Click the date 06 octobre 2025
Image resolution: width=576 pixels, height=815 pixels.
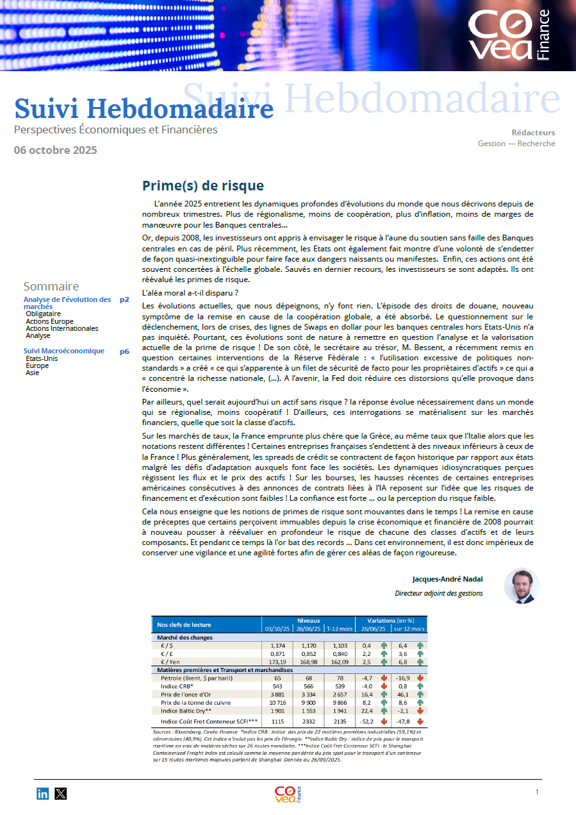pyautogui.click(x=56, y=150)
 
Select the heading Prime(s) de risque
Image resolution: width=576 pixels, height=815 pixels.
pyautogui.click(x=202, y=186)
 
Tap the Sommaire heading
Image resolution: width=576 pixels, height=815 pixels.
pyautogui.click(x=51, y=286)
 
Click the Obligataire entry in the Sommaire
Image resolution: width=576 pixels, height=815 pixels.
pyautogui.click(x=44, y=314)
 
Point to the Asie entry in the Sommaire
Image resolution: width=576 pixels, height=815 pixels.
pyautogui.click(x=33, y=373)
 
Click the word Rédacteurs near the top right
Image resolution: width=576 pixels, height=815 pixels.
pyautogui.click(x=533, y=133)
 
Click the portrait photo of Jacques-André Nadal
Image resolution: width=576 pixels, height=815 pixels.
pyautogui.click(x=522, y=585)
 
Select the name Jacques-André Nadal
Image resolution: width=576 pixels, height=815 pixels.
pyautogui.click(x=447, y=579)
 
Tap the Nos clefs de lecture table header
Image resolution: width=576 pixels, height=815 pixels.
pyautogui.click(x=184, y=625)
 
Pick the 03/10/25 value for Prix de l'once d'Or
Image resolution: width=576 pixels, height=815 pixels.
pyautogui.click(x=277, y=694)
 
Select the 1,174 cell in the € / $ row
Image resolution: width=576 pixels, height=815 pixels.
pyautogui.click(x=277, y=645)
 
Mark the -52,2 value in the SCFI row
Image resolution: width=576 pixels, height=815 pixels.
pyautogui.click(x=366, y=721)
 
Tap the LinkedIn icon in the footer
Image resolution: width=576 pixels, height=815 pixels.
pyautogui.click(x=43, y=794)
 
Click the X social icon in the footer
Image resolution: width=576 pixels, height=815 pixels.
pyautogui.click(x=61, y=794)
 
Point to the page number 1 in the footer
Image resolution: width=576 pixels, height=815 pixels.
pyautogui.click(x=537, y=792)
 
